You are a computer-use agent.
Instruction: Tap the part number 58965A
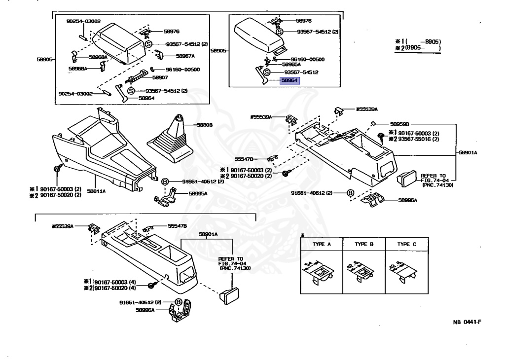[x=291, y=64]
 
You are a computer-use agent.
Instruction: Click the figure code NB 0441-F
[x=467, y=322]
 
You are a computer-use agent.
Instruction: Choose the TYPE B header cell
[x=364, y=244]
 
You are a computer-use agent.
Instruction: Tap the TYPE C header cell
[x=406, y=244]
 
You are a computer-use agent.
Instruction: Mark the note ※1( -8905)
[x=418, y=42]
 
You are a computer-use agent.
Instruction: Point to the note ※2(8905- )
[x=418, y=49]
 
